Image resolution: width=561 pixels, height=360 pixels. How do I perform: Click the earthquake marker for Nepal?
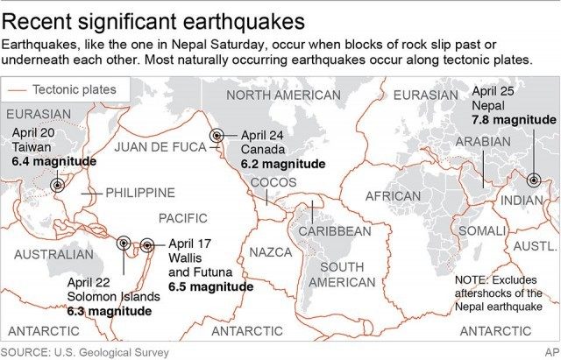click(x=533, y=180)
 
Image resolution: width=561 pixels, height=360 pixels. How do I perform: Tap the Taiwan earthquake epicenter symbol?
click(x=58, y=185)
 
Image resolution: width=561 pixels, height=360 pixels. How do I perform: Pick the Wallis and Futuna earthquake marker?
click(x=147, y=246)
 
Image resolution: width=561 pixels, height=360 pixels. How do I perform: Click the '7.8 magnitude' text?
click(x=514, y=119)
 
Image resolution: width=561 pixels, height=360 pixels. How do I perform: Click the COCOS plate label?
click(x=273, y=182)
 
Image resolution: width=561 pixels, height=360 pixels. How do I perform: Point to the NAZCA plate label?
click(x=271, y=252)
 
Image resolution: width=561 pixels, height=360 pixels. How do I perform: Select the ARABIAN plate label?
click(x=483, y=142)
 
